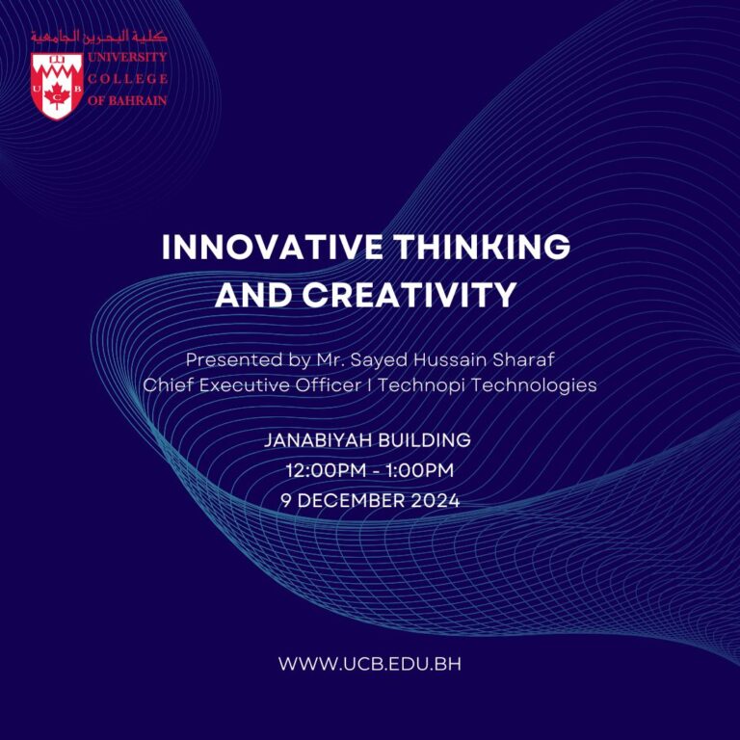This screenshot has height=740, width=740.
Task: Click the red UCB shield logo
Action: tap(57, 85)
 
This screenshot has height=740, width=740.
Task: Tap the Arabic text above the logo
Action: tap(98, 37)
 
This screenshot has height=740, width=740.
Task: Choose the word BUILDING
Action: tap(423, 440)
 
